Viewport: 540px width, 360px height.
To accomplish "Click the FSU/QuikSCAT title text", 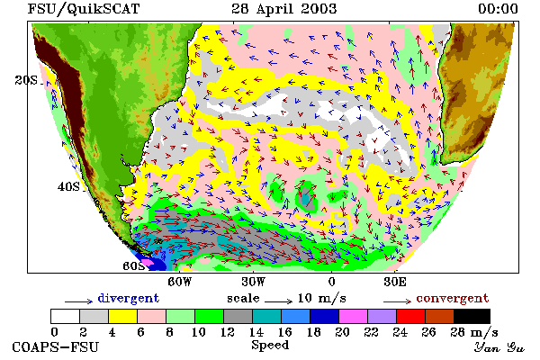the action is coord(84,9).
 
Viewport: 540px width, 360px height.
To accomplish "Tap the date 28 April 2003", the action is coord(284,9).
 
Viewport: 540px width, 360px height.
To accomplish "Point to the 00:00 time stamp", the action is coord(498,9).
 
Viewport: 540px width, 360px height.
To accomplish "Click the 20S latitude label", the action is coord(26,80).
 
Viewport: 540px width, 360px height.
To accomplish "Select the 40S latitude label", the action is coord(68,187).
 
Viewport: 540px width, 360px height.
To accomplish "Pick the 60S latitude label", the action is coord(133,266).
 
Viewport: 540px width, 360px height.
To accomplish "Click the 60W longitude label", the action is coord(179,282).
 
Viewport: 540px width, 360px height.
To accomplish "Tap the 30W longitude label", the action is coord(253,282).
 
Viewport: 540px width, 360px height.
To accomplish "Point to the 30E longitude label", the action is coord(395,282).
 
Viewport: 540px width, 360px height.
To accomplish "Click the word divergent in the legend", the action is coord(129,298).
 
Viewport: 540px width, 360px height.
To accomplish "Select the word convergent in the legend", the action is coord(453,298).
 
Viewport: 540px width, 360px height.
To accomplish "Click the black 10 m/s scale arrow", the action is coord(279,301).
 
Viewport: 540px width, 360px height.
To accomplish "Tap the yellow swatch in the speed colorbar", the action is coord(123,316).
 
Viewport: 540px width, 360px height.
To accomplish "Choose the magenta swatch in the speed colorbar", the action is coord(354,316).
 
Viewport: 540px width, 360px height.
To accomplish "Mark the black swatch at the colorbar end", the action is coord(472,316).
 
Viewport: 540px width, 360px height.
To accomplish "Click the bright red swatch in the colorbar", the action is coord(411,316).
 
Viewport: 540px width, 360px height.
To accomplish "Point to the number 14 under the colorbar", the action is coord(256,332).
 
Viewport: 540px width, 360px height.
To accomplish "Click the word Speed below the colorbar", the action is coord(270,346).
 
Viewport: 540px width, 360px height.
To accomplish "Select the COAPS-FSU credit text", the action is coord(56,346).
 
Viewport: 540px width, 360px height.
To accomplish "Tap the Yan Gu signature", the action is coord(499,347).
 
